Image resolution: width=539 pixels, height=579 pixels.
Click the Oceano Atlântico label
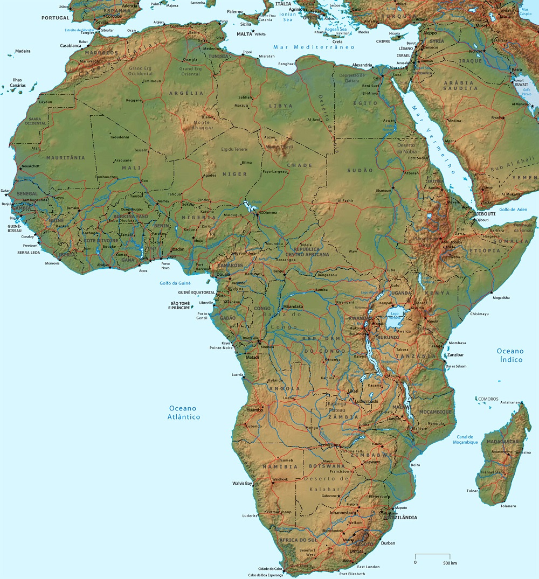click(x=184, y=413)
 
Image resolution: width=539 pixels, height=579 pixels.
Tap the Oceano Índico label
click(x=510, y=355)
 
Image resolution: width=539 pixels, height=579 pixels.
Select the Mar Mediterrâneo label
click(x=314, y=47)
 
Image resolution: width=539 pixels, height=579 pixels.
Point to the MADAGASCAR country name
click(x=502, y=442)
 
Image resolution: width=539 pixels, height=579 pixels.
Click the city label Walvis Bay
click(x=242, y=483)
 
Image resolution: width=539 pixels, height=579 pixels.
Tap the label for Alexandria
click(x=362, y=65)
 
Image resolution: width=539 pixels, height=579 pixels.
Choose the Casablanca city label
click(x=71, y=46)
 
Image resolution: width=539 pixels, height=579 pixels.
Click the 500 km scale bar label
click(x=450, y=563)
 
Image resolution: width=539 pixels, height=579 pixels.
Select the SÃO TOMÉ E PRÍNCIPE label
click(x=181, y=305)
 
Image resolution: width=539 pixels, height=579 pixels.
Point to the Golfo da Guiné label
click(x=176, y=283)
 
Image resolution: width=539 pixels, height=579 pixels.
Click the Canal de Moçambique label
click(x=465, y=440)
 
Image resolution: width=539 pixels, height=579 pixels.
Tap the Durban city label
click(x=388, y=543)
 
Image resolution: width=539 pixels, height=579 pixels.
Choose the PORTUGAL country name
click(x=56, y=18)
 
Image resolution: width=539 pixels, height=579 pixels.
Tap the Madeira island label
click(x=23, y=51)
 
